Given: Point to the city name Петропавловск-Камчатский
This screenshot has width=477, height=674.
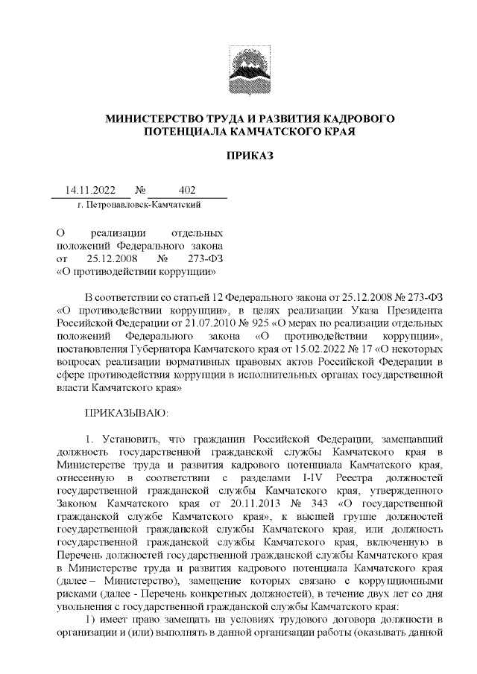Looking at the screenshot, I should tap(142, 203).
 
